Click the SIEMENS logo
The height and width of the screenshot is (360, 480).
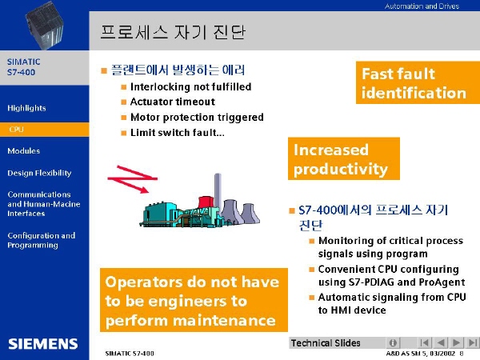click(x=43, y=344)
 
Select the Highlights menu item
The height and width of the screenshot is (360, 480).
click(x=26, y=108)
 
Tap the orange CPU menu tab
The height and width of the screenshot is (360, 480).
click(x=44, y=129)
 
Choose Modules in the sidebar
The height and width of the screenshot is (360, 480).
click(x=23, y=150)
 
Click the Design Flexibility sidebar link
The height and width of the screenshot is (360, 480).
click(x=39, y=173)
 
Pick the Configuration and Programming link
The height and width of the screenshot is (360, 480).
click(x=42, y=240)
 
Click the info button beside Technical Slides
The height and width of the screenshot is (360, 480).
click(x=393, y=342)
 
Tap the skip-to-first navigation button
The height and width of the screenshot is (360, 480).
click(x=425, y=342)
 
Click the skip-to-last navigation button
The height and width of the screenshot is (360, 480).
click(x=472, y=342)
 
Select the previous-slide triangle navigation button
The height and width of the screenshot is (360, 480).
click(x=441, y=342)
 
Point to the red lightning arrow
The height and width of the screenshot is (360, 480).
click(x=132, y=179)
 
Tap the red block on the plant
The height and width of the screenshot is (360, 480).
click(x=206, y=202)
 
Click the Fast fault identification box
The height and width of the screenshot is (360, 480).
click(x=418, y=82)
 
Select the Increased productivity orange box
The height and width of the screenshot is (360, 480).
click(x=344, y=158)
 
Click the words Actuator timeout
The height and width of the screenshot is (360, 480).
click(x=173, y=102)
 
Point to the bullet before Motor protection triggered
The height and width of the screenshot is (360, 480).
click(x=124, y=118)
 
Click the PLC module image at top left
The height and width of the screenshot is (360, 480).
click(x=44, y=25)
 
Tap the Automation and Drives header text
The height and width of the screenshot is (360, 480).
click(x=422, y=6)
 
